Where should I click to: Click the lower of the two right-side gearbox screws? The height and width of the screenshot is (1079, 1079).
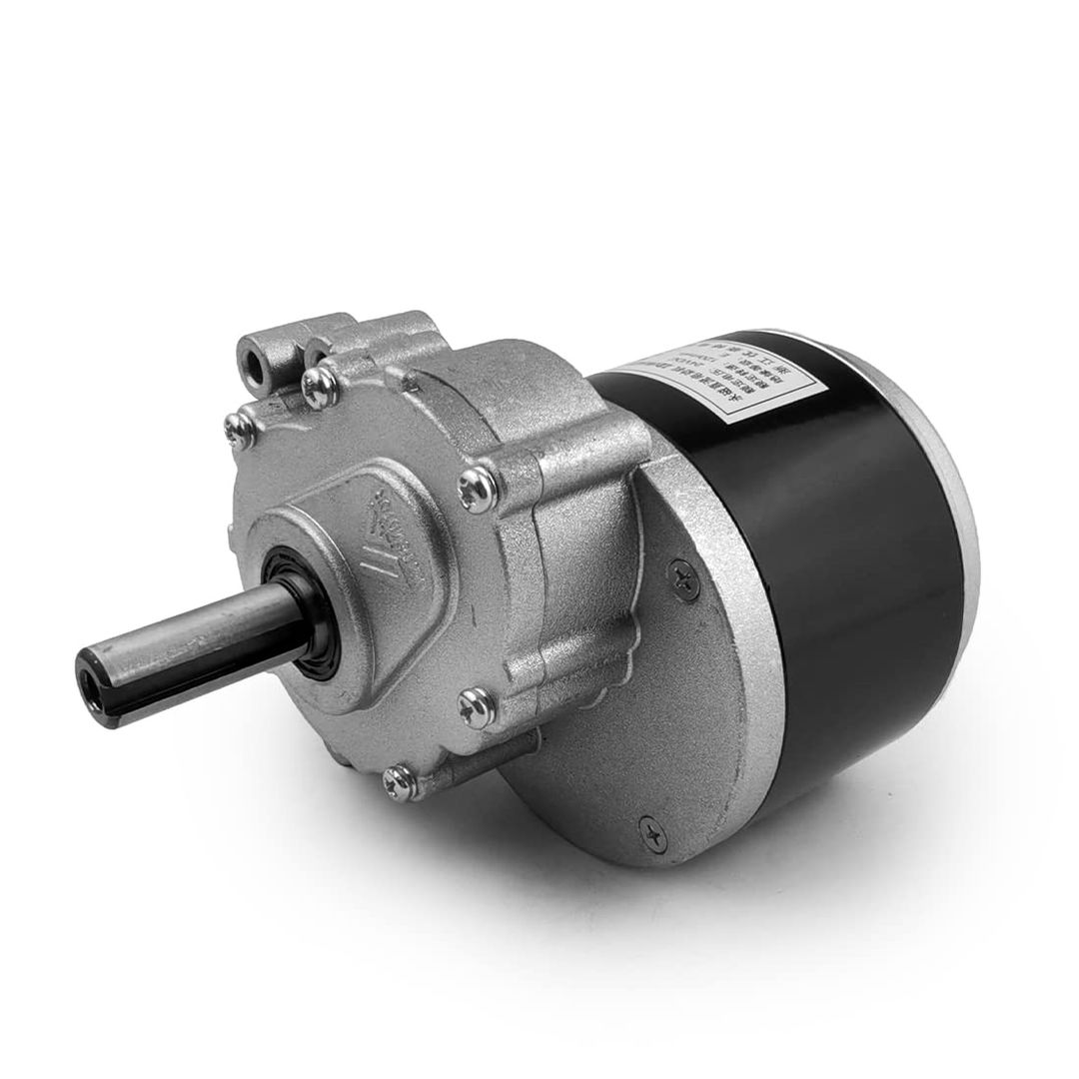[x=471, y=705]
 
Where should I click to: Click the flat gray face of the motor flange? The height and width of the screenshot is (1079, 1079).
[x=639, y=719]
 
